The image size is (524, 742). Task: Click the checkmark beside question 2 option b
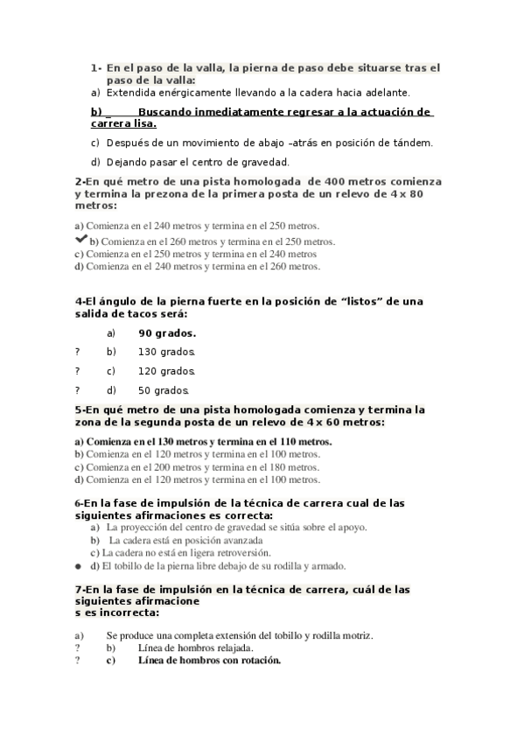pyautogui.click(x=80, y=239)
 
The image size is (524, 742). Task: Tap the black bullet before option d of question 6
pyautogui.click(x=79, y=565)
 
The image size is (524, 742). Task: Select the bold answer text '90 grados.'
pyautogui.click(x=167, y=332)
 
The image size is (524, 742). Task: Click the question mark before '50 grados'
pyautogui.click(x=77, y=390)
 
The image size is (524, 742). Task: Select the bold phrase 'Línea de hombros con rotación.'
pyautogui.click(x=209, y=661)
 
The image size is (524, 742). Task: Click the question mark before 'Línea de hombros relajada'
pyautogui.click(x=77, y=647)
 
